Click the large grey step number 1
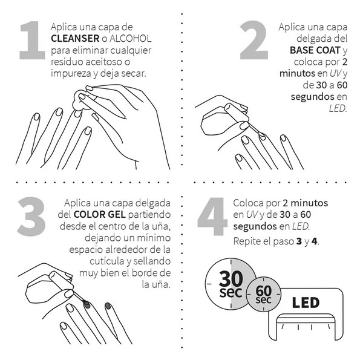click(x=33, y=41)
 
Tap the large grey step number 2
click(x=254, y=40)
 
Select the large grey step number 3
click(x=31, y=217)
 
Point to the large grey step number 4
click(x=212, y=217)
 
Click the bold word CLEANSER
click(x=75, y=39)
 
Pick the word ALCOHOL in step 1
click(x=131, y=39)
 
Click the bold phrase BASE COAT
click(x=315, y=50)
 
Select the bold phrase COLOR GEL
click(x=100, y=215)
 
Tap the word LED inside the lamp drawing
click(x=306, y=302)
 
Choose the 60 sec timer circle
click(x=263, y=294)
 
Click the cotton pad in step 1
click(x=80, y=101)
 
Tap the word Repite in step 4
click(x=247, y=241)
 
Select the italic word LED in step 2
click(x=338, y=108)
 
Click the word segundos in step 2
click(x=313, y=97)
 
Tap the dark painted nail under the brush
click(x=87, y=304)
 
